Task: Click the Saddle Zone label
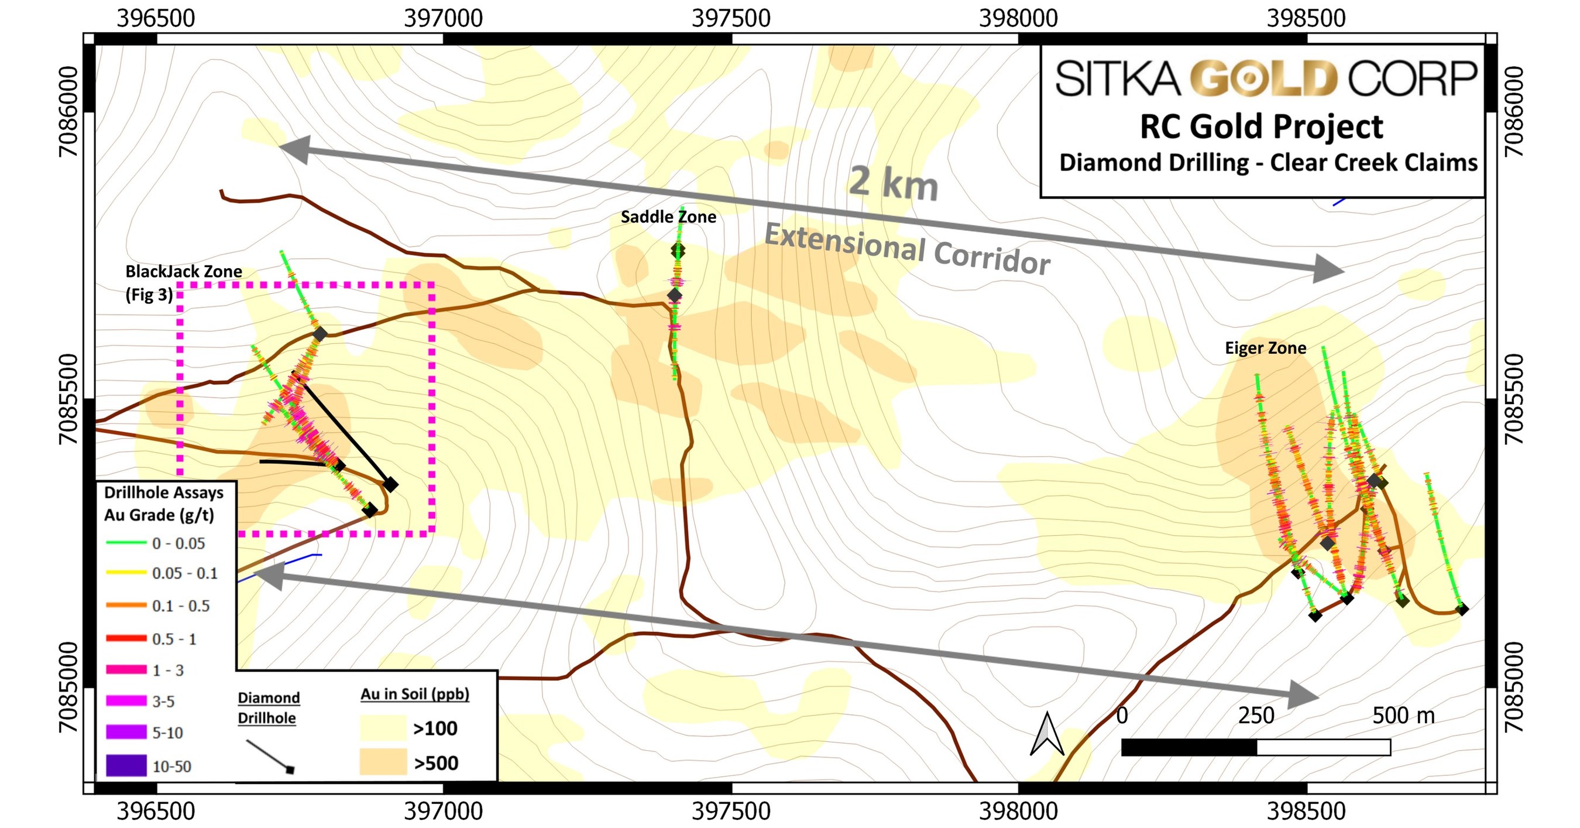point(668,217)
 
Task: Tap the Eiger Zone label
point(1265,348)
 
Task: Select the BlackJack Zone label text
point(183,272)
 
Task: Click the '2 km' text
point(893,183)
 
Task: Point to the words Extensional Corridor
point(906,249)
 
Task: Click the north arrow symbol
point(1046,734)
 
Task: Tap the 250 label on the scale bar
point(1256,716)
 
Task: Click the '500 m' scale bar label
point(1403,716)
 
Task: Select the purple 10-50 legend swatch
point(126,765)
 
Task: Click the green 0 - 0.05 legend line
point(126,543)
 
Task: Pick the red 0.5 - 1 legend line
point(126,638)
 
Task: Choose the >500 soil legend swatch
point(383,762)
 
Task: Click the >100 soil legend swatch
point(383,728)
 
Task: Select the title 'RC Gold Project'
point(1261,127)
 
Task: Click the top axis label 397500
point(730,18)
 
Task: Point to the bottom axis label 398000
point(1018,811)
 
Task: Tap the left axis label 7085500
point(68,398)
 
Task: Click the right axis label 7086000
point(1513,111)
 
